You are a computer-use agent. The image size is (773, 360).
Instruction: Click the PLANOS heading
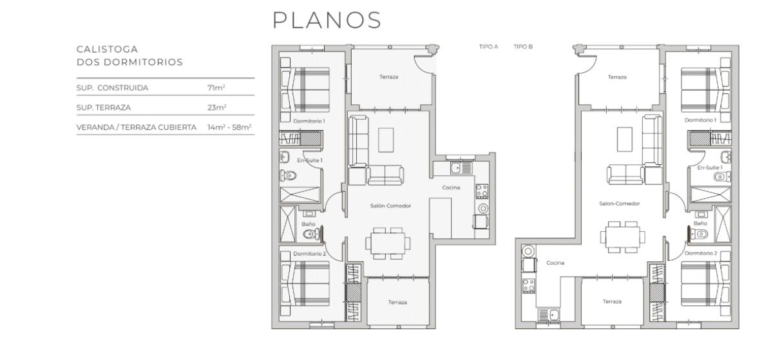(x=327, y=20)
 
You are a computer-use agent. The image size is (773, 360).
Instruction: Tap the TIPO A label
(x=488, y=46)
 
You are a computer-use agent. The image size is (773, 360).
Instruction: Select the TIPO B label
(x=523, y=46)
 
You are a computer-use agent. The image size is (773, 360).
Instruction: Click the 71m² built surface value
(x=216, y=88)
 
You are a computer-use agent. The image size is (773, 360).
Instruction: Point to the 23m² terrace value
(x=216, y=108)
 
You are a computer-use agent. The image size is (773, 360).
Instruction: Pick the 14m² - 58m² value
(x=229, y=127)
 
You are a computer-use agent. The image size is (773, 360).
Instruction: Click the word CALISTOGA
(x=107, y=50)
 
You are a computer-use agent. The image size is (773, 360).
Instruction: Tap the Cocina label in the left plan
(x=451, y=187)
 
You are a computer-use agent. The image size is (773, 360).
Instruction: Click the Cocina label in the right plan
(x=555, y=263)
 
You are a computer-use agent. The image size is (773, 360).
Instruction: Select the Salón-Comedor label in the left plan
(x=390, y=205)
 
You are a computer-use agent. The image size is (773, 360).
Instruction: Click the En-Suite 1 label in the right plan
(x=709, y=167)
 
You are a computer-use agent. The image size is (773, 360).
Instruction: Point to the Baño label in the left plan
(x=308, y=224)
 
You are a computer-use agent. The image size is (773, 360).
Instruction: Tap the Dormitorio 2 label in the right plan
(x=701, y=253)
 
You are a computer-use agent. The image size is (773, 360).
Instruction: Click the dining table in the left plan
(x=388, y=243)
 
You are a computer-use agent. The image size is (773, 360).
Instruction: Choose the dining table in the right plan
(x=622, y=237)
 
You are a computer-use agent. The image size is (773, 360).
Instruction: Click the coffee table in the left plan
(x=386, y=140)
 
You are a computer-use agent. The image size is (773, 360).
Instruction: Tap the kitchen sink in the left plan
(x=461, y=168)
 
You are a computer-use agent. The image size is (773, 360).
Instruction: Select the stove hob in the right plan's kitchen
(x=528, y=286)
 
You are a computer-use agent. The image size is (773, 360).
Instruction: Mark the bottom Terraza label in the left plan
(x=397, y=302)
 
